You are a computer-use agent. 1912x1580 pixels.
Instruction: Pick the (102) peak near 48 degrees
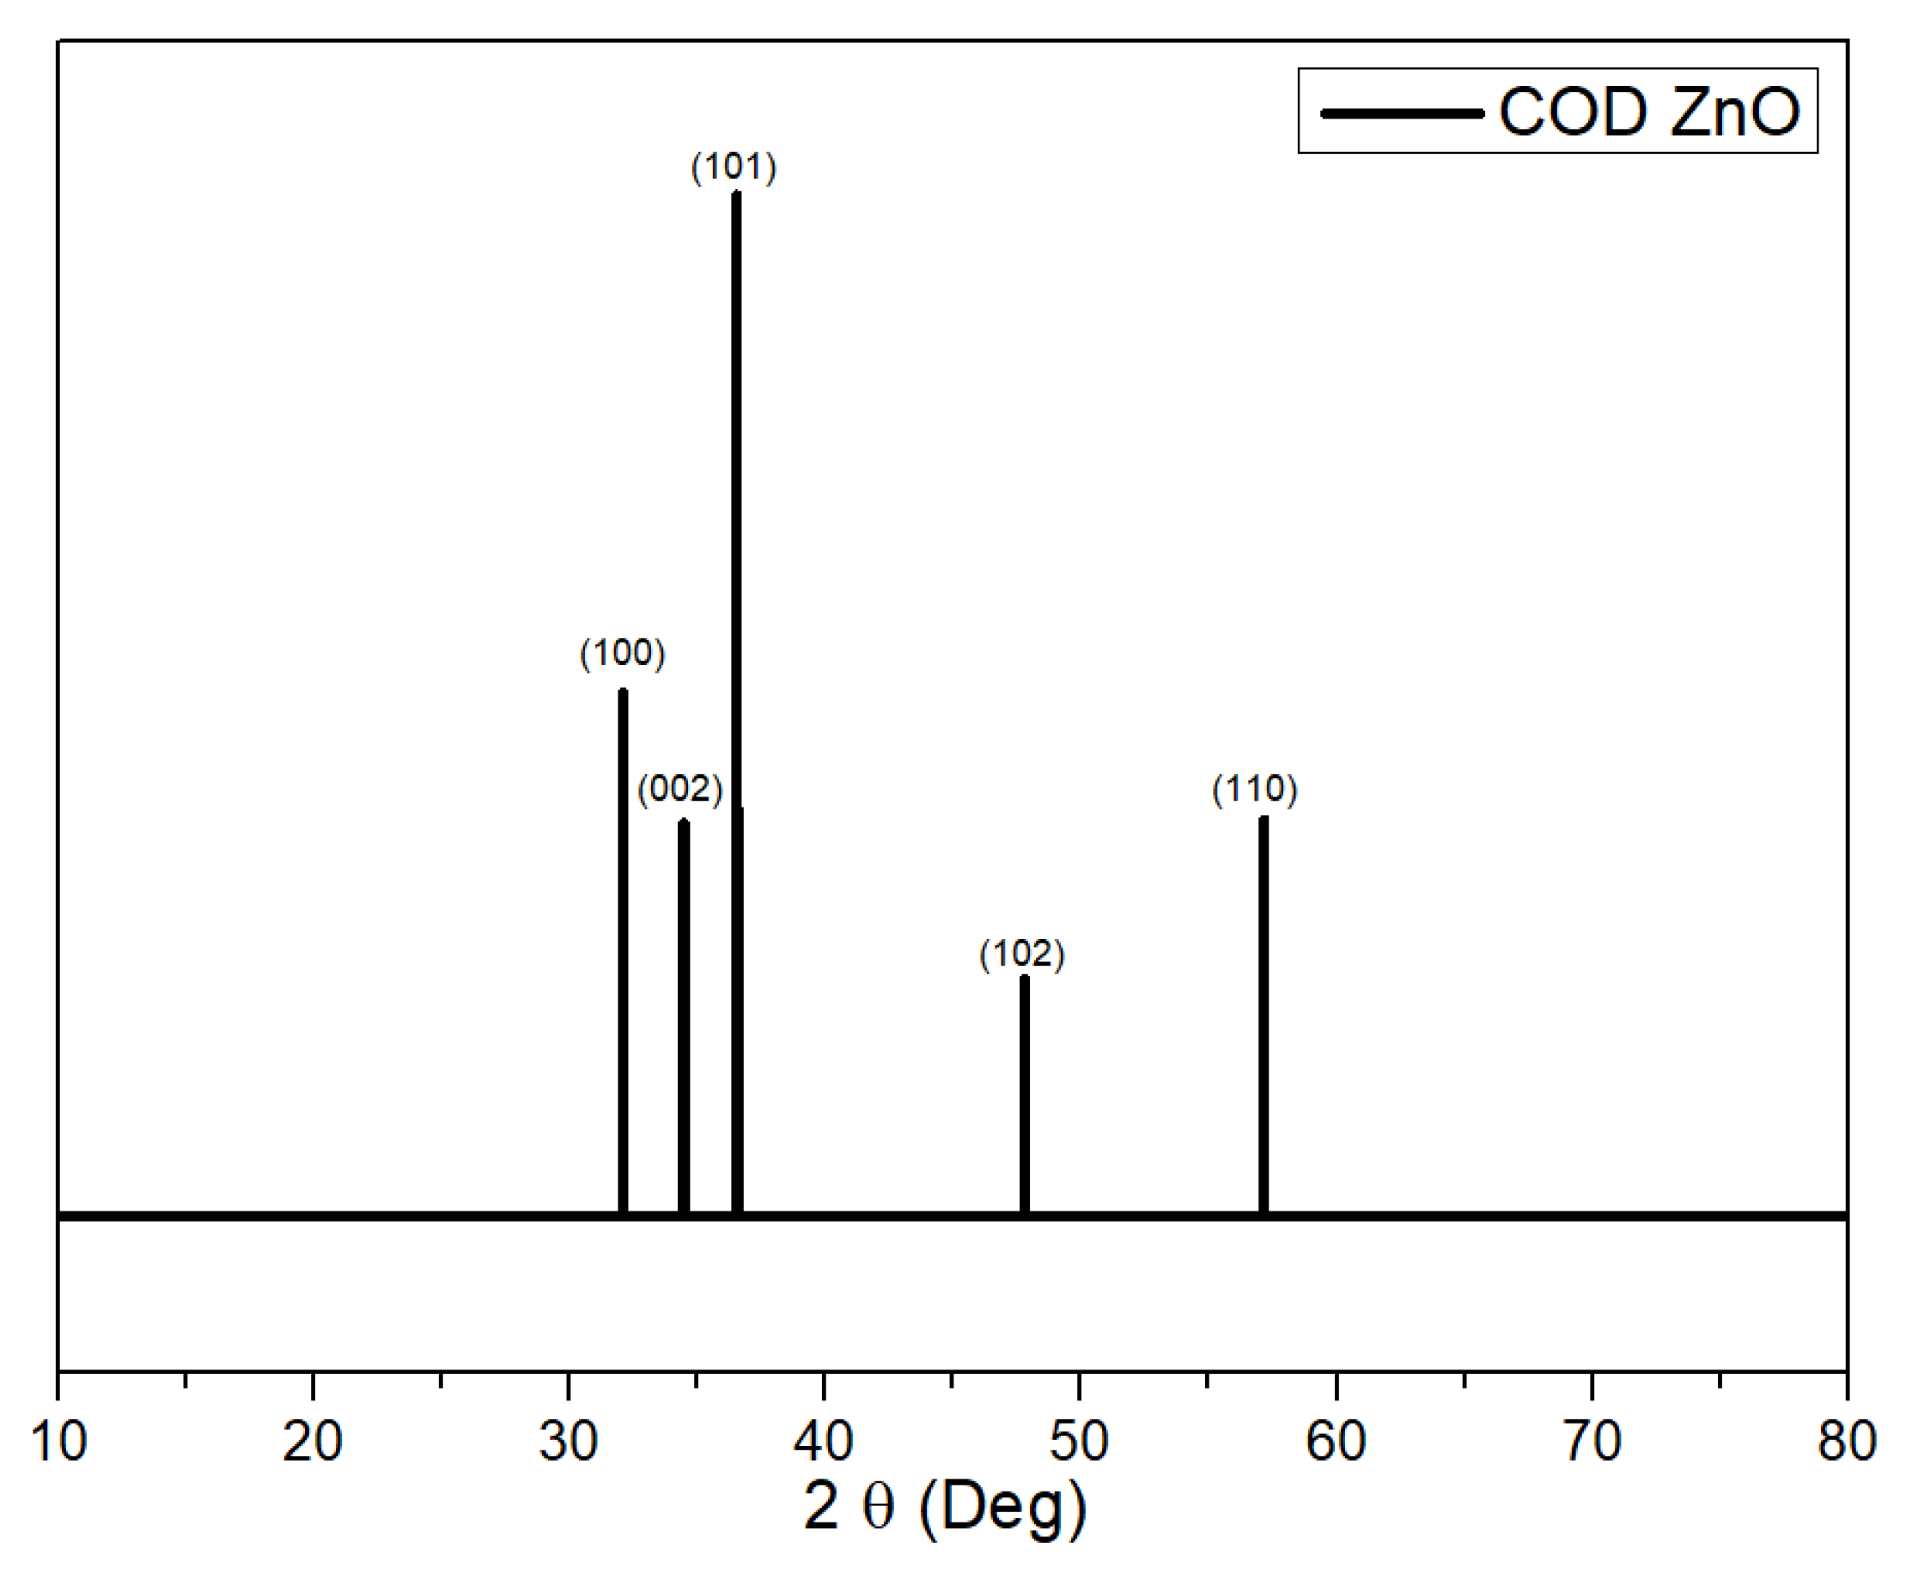1024,1092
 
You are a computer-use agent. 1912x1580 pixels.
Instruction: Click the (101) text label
734,168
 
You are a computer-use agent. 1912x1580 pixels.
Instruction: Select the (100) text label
623,653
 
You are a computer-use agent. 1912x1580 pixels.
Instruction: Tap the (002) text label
679,788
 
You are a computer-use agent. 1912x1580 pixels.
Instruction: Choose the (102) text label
1022,954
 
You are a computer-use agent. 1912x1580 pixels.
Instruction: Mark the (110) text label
1255,788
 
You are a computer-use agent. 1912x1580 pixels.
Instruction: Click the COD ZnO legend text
1648,112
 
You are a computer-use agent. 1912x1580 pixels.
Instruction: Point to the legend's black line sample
1402,113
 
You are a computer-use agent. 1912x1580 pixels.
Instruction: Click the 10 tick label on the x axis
58,1441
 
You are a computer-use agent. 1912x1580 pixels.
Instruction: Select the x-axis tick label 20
312,1441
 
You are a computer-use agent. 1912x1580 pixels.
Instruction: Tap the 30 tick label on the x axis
568,1441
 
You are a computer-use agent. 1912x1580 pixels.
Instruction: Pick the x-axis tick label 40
824,1441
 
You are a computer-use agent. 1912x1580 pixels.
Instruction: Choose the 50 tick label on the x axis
1080,1441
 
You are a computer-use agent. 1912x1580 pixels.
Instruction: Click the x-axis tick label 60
1336,1441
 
